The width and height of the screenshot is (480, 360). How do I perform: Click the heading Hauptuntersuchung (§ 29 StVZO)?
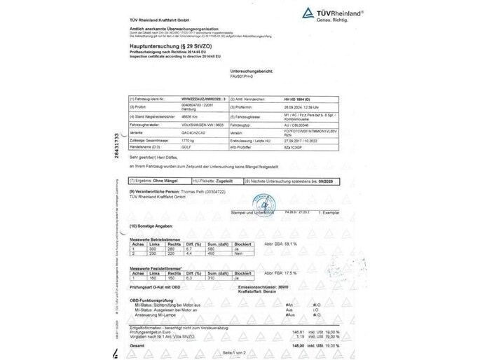coord(163,43)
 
